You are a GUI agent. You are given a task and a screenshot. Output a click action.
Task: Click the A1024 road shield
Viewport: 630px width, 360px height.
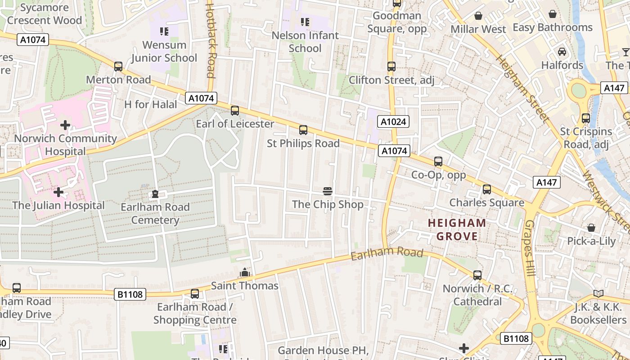(394, 121)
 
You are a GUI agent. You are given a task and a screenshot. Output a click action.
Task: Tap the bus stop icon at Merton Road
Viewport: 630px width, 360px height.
(118, 67)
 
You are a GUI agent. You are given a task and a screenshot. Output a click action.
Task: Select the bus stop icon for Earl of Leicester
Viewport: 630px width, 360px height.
(235, 111)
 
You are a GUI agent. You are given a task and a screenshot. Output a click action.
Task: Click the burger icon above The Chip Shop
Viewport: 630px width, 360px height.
(328, 191)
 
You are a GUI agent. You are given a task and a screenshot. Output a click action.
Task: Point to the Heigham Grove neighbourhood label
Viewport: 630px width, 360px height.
(457, 229)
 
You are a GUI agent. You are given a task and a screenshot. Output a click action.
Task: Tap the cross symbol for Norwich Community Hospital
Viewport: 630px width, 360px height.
(65, 125)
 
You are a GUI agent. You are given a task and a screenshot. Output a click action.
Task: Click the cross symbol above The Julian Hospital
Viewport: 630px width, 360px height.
(58, 192)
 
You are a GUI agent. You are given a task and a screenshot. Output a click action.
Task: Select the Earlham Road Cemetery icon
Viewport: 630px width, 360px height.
(155, 194)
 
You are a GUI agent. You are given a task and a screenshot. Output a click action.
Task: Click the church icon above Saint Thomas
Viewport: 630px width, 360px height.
(245, 272)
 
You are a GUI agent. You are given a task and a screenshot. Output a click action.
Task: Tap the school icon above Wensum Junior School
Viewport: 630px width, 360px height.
(164, 31)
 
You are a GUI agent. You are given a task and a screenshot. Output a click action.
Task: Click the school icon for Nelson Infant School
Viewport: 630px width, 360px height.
(305, 22)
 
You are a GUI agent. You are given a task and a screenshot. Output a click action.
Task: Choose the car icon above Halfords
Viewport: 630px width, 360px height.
(562, 52)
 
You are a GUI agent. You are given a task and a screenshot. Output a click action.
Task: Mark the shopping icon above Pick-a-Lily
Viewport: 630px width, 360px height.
(591, 228)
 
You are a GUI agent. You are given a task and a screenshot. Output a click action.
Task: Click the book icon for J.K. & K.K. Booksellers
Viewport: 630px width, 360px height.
(598, 294)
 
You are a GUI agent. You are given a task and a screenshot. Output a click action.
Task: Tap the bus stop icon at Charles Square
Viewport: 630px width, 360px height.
(487, 189)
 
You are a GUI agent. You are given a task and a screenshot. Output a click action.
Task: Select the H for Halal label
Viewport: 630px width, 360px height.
(151, 104)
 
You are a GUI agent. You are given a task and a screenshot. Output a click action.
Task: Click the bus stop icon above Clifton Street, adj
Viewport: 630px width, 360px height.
(391, 67)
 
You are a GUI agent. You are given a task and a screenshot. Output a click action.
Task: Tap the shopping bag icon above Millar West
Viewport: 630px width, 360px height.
(478, 16)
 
